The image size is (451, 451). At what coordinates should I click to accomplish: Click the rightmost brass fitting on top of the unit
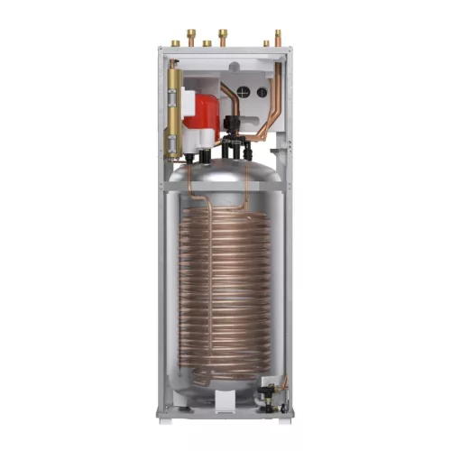(277, 39)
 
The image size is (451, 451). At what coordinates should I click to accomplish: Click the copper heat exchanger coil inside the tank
(225, 289)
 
